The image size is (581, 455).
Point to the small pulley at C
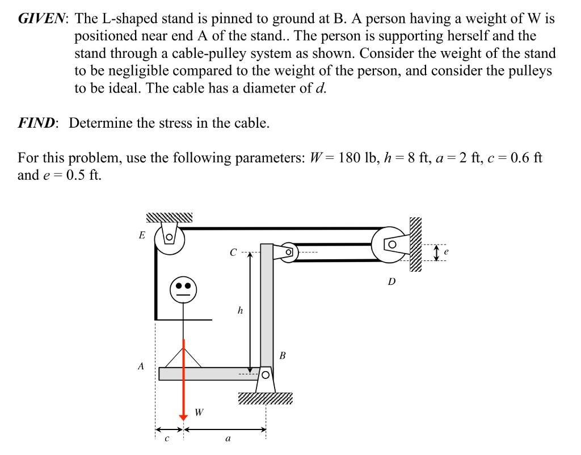288,251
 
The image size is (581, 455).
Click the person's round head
183,290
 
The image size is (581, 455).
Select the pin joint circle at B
265,375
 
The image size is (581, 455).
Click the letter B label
283,356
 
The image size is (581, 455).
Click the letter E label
142,234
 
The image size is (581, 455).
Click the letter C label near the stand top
233,252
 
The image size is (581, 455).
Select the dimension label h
240,310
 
